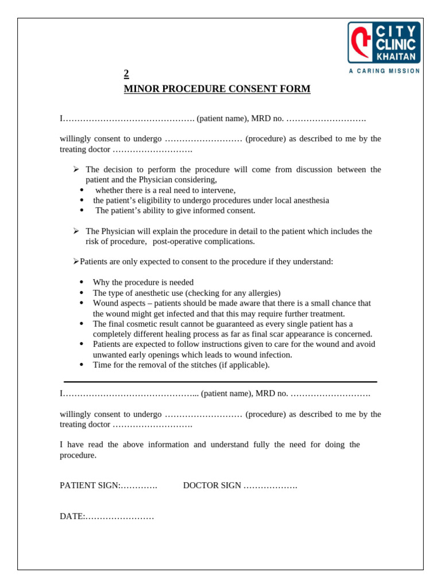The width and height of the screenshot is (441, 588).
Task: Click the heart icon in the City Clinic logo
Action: [x=361, y=42]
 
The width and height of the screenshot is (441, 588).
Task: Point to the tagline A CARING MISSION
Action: [x=384, y=71]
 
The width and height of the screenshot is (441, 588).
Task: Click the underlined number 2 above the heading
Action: [x=126, y=73]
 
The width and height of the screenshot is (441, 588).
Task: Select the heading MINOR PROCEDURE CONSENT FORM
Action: [x=217, y=89]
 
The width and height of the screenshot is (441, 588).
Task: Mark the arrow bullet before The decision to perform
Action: [x=76, y=169]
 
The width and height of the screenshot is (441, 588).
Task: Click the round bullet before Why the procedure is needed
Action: [x=82, y=283]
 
